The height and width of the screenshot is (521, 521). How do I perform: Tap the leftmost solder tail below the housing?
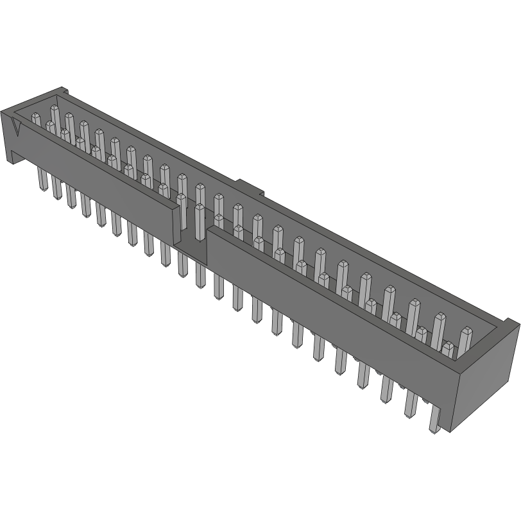[42, 179]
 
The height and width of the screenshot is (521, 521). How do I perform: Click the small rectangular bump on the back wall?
[250, 187]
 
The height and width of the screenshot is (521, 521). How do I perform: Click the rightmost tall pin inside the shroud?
[465, 340]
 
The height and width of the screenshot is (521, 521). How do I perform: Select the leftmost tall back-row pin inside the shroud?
[55, 119]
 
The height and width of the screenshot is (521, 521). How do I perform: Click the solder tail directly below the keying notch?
[201, 276]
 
